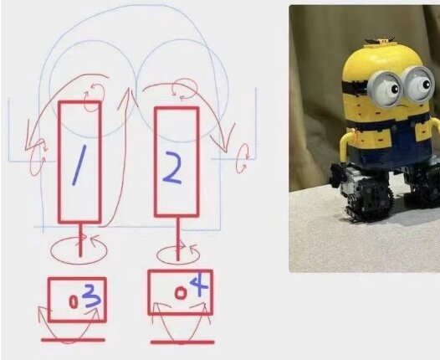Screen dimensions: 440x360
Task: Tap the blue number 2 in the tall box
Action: coord(172,167)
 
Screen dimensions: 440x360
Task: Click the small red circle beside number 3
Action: coord(74,302)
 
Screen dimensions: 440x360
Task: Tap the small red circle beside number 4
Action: coord(181,293)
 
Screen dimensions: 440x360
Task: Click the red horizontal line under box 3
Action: coord(73,340)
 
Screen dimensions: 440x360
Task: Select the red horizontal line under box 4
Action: coord(182,342)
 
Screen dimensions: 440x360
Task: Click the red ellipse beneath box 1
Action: coord(79,264)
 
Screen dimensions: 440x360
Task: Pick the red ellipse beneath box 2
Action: coord(178,264)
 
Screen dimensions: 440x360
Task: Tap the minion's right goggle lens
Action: coord(419,84)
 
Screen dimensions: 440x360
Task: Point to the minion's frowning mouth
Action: coord(403,107)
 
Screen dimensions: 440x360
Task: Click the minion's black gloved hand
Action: coord(337,174)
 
